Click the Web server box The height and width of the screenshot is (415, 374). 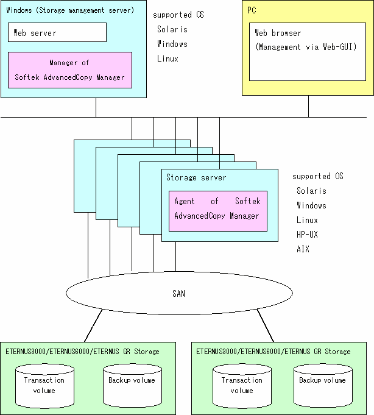[57, 32]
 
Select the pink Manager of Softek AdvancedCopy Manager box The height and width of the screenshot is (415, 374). [70, 70]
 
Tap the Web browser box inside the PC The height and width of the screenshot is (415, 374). [308, 52]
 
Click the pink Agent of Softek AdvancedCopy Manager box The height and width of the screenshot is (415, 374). [218, 211]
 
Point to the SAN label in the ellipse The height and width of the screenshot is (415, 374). [179, 294]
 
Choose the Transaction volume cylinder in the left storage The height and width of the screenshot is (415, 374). [44, 386]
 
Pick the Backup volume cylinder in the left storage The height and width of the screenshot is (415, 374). [132, 386]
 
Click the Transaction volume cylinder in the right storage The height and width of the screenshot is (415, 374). [242, 386]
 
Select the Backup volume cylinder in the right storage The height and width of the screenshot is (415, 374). [323, 386]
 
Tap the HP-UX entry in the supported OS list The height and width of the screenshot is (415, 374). [307, 235]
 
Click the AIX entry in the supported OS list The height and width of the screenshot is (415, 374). [303, 249]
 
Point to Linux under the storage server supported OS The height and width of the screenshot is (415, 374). [307, 220]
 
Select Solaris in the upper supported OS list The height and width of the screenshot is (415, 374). [172, 29]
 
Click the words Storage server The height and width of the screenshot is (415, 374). [196, 177]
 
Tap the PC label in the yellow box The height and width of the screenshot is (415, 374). [252, 10]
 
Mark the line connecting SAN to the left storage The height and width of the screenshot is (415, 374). [93, 325]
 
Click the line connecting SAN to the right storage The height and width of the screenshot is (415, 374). [266, 325]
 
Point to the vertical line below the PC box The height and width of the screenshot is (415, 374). [308, 106]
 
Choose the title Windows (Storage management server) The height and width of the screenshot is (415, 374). [70, 10]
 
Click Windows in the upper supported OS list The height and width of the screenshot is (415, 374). [172, 44]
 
